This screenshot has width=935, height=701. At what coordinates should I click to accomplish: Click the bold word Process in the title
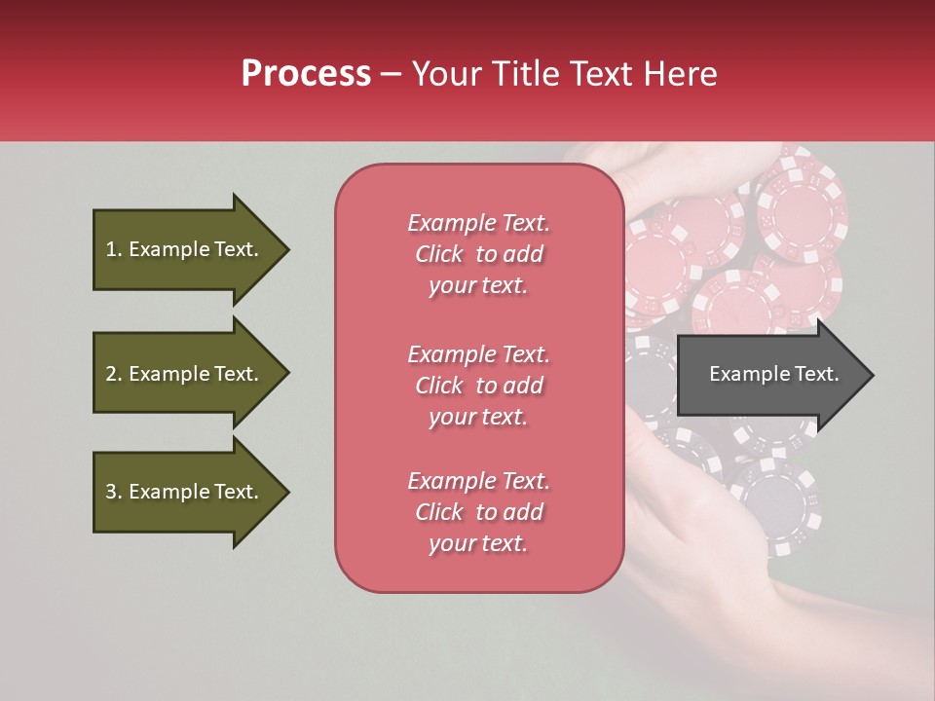click(x=306, y=74)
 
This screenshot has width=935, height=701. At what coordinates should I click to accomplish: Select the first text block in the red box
click(x=478, y=254)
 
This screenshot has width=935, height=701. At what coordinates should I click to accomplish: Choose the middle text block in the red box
click(x=478, y=386)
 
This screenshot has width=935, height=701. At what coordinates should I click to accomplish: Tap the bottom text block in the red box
click(x=478, y=512)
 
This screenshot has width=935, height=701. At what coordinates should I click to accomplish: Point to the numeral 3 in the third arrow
click(x=111, y=492)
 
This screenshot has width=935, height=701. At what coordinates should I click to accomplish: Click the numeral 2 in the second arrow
click(x=111, y=374)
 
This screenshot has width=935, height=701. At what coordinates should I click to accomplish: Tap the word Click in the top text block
click(x=438, y=254)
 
